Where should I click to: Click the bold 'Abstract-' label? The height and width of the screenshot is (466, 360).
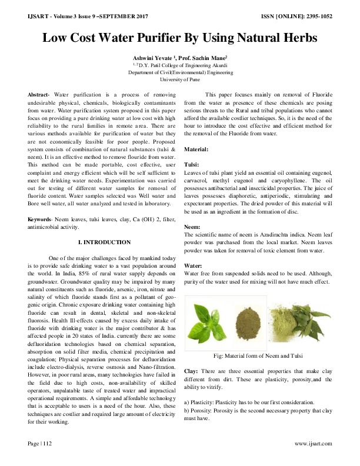coord(41,95)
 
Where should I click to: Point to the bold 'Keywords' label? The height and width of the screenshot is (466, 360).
coord(40,220)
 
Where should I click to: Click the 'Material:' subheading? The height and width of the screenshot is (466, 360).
coord(197,150)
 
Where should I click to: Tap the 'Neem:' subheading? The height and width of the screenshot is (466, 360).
coord(193,226)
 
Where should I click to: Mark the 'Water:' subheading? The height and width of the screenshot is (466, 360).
coord(194,265)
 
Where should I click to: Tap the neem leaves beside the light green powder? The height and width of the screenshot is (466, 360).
coord(312,324)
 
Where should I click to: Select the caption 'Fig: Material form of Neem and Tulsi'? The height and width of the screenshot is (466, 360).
coord(259,356)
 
